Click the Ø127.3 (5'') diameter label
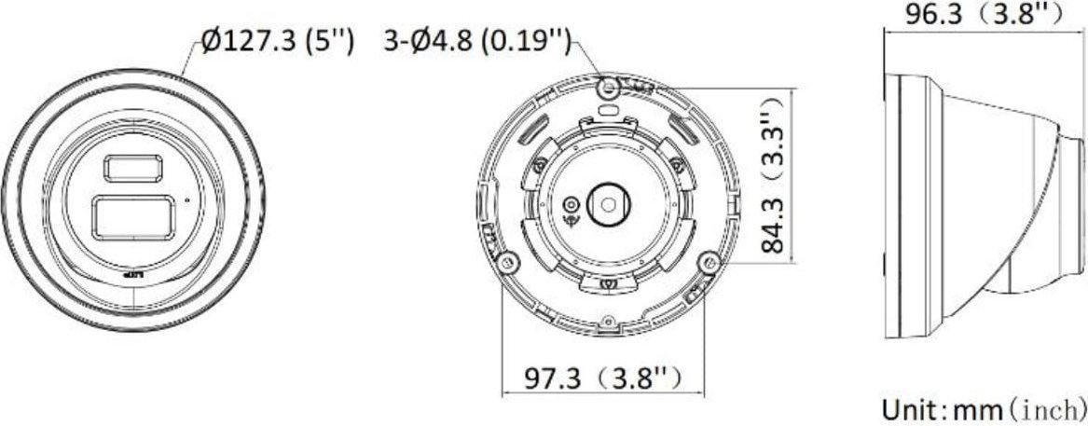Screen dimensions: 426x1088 tap(278, 43)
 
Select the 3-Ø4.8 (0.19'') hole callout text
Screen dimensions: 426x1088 tap(477, 43)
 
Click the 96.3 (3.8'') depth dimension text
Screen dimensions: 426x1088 tap(985, 14)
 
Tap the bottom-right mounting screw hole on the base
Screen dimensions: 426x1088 tap(710, 261)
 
